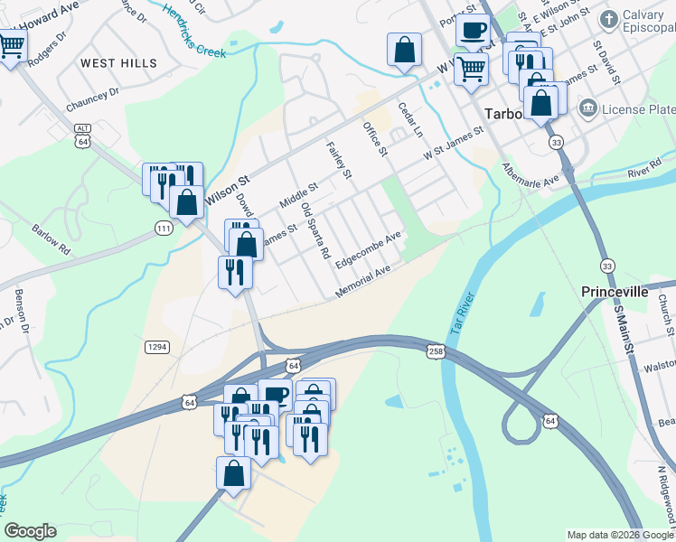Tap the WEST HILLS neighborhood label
(x=118, y=63)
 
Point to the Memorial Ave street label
(x=363, y=282)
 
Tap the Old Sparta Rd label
(x=315, y=232)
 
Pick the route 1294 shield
(x=156, y=346)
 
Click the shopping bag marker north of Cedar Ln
(x=405, y=50)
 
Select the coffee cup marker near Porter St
(x=472, y=30)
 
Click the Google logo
(x=30, y=531)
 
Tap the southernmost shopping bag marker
(x=233, y=473)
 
